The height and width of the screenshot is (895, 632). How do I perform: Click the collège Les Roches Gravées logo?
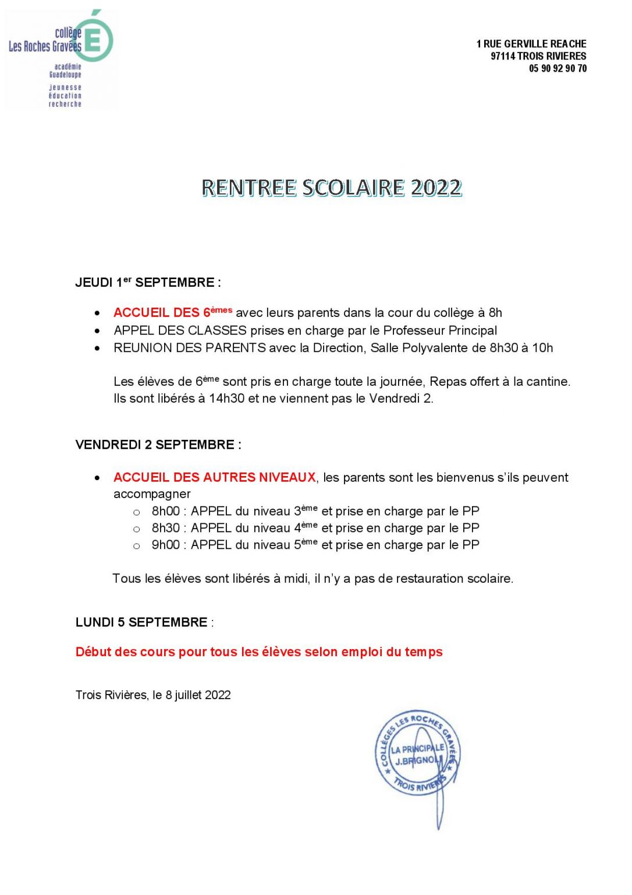pyautogui.click(x=61, y=58)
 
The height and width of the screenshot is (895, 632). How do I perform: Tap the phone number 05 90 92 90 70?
pyautogui.click(x=558, y=69)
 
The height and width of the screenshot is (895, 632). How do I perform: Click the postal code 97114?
pyautogui.click(x=503, y=57)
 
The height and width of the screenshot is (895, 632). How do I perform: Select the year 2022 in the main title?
pyautogui.click(x=436, y=188)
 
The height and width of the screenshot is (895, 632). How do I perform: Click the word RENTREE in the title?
pyautogui.click(x=248, y=188)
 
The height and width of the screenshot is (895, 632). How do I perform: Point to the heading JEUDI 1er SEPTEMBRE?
pyautogui.click(x=147, y=283)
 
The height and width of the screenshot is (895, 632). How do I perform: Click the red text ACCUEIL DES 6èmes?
pyautogui.click(x=173, y=312)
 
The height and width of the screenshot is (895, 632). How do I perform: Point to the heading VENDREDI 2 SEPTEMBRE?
pyautogui.click(x=158, y=445)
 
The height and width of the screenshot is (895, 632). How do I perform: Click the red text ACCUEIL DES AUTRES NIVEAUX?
pyautogui.click(x=214, y=477)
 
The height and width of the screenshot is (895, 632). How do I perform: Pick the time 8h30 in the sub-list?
pyautogui.click(x=166, y=528)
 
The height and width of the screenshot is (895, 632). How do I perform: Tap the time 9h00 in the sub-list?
pyautogui.click(x=166, y=545)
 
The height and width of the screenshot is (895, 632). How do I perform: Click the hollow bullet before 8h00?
pyautogui.click(x=137, y=513)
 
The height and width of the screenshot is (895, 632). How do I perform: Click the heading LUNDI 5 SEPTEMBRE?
pyautogui.click(x=141, y=622)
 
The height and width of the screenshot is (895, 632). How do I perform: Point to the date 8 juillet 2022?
pyautogui.click(x=198, y=695)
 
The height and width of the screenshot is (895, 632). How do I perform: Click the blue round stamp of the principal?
pyautogui.click(x=417, y=753)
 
